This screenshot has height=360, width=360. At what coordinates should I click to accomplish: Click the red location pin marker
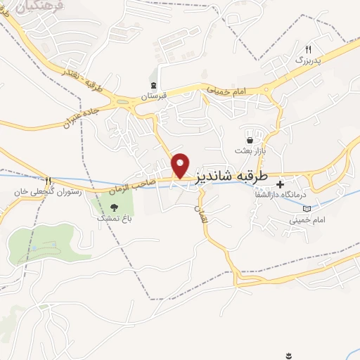click(181, 165)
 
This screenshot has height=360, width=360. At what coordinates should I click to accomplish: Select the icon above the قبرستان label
click(153, 84)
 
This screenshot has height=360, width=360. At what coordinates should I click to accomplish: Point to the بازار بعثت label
click(249, 150)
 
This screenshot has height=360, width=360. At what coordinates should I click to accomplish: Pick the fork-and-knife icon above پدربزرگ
click(308, 49)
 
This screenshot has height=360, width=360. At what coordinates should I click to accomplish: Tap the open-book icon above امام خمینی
click(306, 208)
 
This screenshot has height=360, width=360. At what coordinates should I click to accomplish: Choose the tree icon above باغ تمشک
click(114, 207)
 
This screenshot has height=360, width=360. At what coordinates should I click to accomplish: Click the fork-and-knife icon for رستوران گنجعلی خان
click(48, 181)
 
